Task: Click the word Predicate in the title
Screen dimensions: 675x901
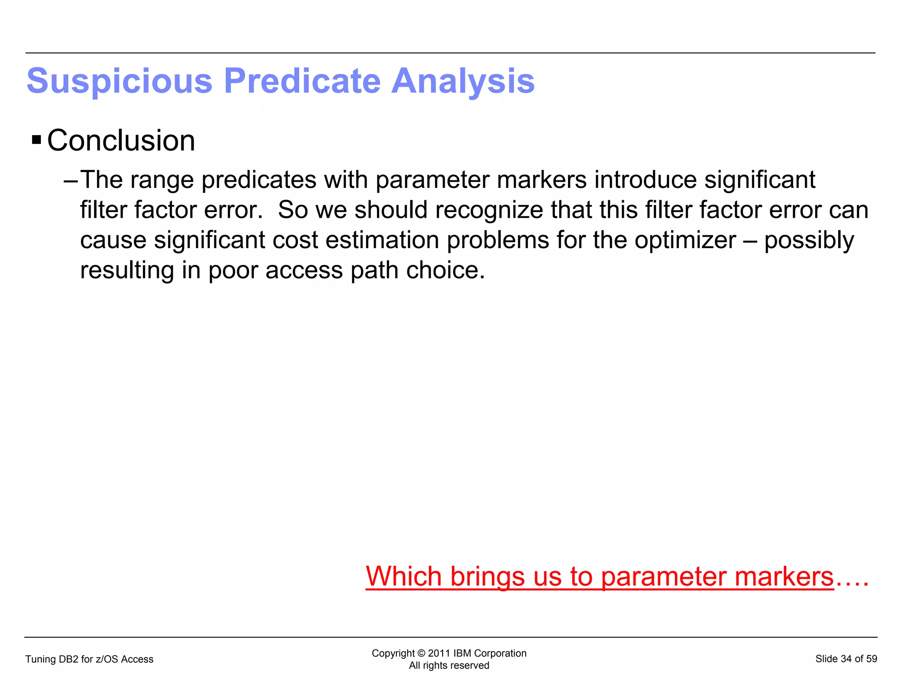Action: tap(302, 81)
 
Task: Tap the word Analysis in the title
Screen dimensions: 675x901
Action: tap(463, 81)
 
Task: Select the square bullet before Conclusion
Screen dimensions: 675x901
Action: tap(37, 141)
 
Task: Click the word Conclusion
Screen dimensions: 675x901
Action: tap(121, 141)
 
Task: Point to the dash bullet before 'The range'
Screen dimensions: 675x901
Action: tap(70, 180)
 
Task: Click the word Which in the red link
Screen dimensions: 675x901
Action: tap(403, 576)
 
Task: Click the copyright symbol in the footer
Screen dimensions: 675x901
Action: tap(421, 653)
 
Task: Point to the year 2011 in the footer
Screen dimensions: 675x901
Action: tap(439, 653)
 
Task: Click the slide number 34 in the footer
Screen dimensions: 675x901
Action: tap(846, 659)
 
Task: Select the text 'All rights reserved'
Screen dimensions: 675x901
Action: tap(449, 665)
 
